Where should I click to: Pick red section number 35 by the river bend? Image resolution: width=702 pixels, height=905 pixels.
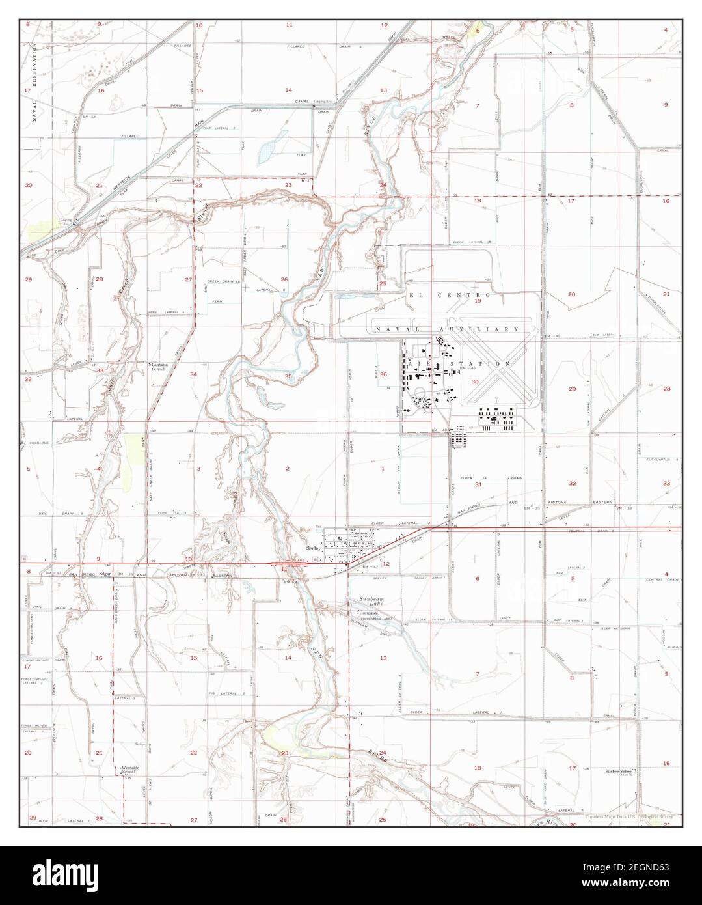pyautogui.click(x=288, y=377)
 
